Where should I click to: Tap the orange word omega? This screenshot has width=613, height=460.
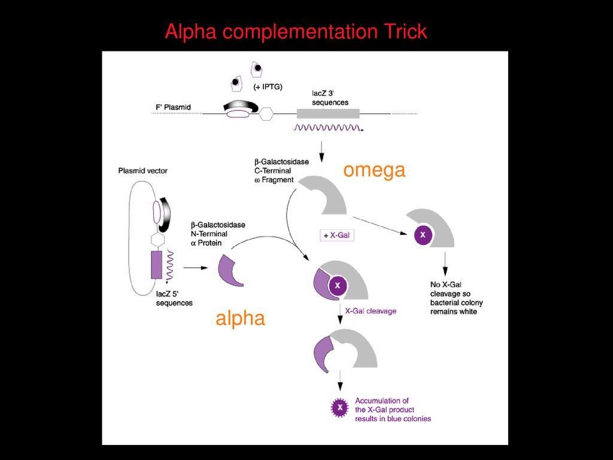click(x=374, y=170)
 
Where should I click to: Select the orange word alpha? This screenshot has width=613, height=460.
click(x=240, y=319)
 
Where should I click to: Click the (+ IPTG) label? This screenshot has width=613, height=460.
click(x=268, y=87)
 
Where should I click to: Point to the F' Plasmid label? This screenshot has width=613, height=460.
click(x=173, y=107)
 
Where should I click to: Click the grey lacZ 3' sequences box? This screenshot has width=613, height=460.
click(x=328, y=113)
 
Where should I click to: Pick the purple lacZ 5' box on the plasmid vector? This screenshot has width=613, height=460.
click(x=156, y=265)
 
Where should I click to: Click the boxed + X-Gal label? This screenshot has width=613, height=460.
click(x=337, y=235)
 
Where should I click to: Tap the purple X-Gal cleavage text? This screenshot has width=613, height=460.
click(x=371, y=311)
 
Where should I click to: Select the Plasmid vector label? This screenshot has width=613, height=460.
click(x=142, y=171)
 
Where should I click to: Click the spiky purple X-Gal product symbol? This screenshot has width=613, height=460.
click(x=340, y=407)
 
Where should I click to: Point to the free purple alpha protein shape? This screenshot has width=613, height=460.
click(x=230, y=271)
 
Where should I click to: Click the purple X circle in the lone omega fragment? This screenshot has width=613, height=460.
click(x=423, y=235)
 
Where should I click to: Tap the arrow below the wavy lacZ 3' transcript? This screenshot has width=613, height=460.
click(x=321, y=152)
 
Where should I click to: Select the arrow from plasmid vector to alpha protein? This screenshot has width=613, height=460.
click(x=196, y=268)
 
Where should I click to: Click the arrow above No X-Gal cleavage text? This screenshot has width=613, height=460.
click(x=445, y=264)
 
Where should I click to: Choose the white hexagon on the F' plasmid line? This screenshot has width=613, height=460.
click(x=266, y=114)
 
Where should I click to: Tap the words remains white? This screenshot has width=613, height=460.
click(x=454, y=311)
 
